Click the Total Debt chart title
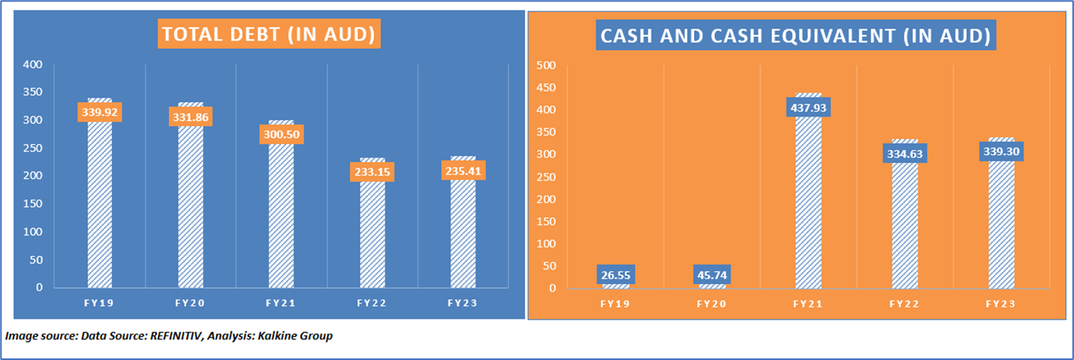point(267,36)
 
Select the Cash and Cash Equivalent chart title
point(796,36)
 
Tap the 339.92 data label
point(99,112)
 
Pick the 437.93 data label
point(808,106)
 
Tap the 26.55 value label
point(615,276)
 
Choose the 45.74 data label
point(712,276)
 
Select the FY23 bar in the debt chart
point(462,238)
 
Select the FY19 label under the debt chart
point(99,303)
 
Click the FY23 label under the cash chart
point(1002,303)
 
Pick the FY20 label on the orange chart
point(712,303)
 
